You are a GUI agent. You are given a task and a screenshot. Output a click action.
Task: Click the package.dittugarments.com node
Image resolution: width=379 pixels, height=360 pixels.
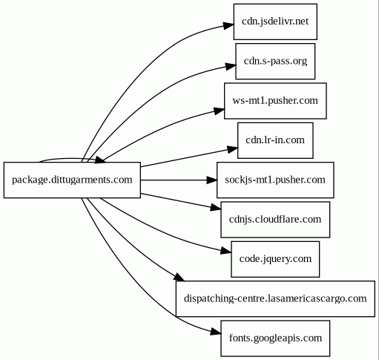pos(72,180)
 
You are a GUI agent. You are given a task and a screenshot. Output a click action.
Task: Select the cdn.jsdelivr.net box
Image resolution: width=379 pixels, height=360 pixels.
pos(275,22)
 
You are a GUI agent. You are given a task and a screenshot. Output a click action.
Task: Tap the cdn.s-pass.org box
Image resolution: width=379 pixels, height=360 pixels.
pos(275,61)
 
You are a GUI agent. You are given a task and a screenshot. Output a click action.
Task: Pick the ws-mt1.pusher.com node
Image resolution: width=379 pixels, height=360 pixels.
pos(275,101)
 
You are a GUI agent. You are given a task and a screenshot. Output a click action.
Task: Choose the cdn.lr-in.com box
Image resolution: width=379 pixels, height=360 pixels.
pos(275,140)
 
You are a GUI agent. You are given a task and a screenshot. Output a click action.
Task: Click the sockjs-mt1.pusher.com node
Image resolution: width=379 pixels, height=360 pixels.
pos(275,180)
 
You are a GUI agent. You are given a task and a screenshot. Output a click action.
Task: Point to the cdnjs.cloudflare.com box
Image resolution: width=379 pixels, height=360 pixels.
pos(275,220)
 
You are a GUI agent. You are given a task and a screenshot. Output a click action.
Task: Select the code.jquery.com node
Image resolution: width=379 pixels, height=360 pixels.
pos(275,259)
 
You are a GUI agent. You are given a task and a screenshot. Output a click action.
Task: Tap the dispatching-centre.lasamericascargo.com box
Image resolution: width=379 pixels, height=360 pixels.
pos(275,298)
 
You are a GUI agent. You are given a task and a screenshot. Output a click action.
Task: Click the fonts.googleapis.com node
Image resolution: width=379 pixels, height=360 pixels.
pos(275,338)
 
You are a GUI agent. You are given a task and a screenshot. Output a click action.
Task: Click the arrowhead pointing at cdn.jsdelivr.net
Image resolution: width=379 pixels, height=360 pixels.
pos(228,25)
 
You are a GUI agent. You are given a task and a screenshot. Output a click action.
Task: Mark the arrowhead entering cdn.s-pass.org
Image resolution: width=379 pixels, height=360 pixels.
pos(231,66)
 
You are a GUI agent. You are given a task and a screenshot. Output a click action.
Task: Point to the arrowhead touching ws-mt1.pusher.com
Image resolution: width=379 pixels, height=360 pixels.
pos(219,111)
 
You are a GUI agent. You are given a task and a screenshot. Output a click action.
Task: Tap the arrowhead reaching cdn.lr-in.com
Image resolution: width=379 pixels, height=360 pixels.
pos(233,149)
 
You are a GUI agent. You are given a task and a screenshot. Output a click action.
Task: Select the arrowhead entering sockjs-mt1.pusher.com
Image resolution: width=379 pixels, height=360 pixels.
pos(212,180)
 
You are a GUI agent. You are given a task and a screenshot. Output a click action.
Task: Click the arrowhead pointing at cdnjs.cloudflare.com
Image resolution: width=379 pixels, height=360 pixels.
pos(216,207)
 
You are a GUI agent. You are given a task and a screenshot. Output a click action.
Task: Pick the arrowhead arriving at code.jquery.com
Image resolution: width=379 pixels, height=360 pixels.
pos(226,251)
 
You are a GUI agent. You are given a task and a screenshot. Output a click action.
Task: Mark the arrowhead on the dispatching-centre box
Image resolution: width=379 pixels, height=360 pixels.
pos(179,277)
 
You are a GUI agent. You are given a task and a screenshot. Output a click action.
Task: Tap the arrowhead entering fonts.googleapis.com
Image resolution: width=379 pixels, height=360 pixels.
pos(216,332)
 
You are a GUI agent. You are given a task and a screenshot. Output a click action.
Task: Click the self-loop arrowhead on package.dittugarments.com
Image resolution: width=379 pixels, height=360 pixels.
pos(100,160)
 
